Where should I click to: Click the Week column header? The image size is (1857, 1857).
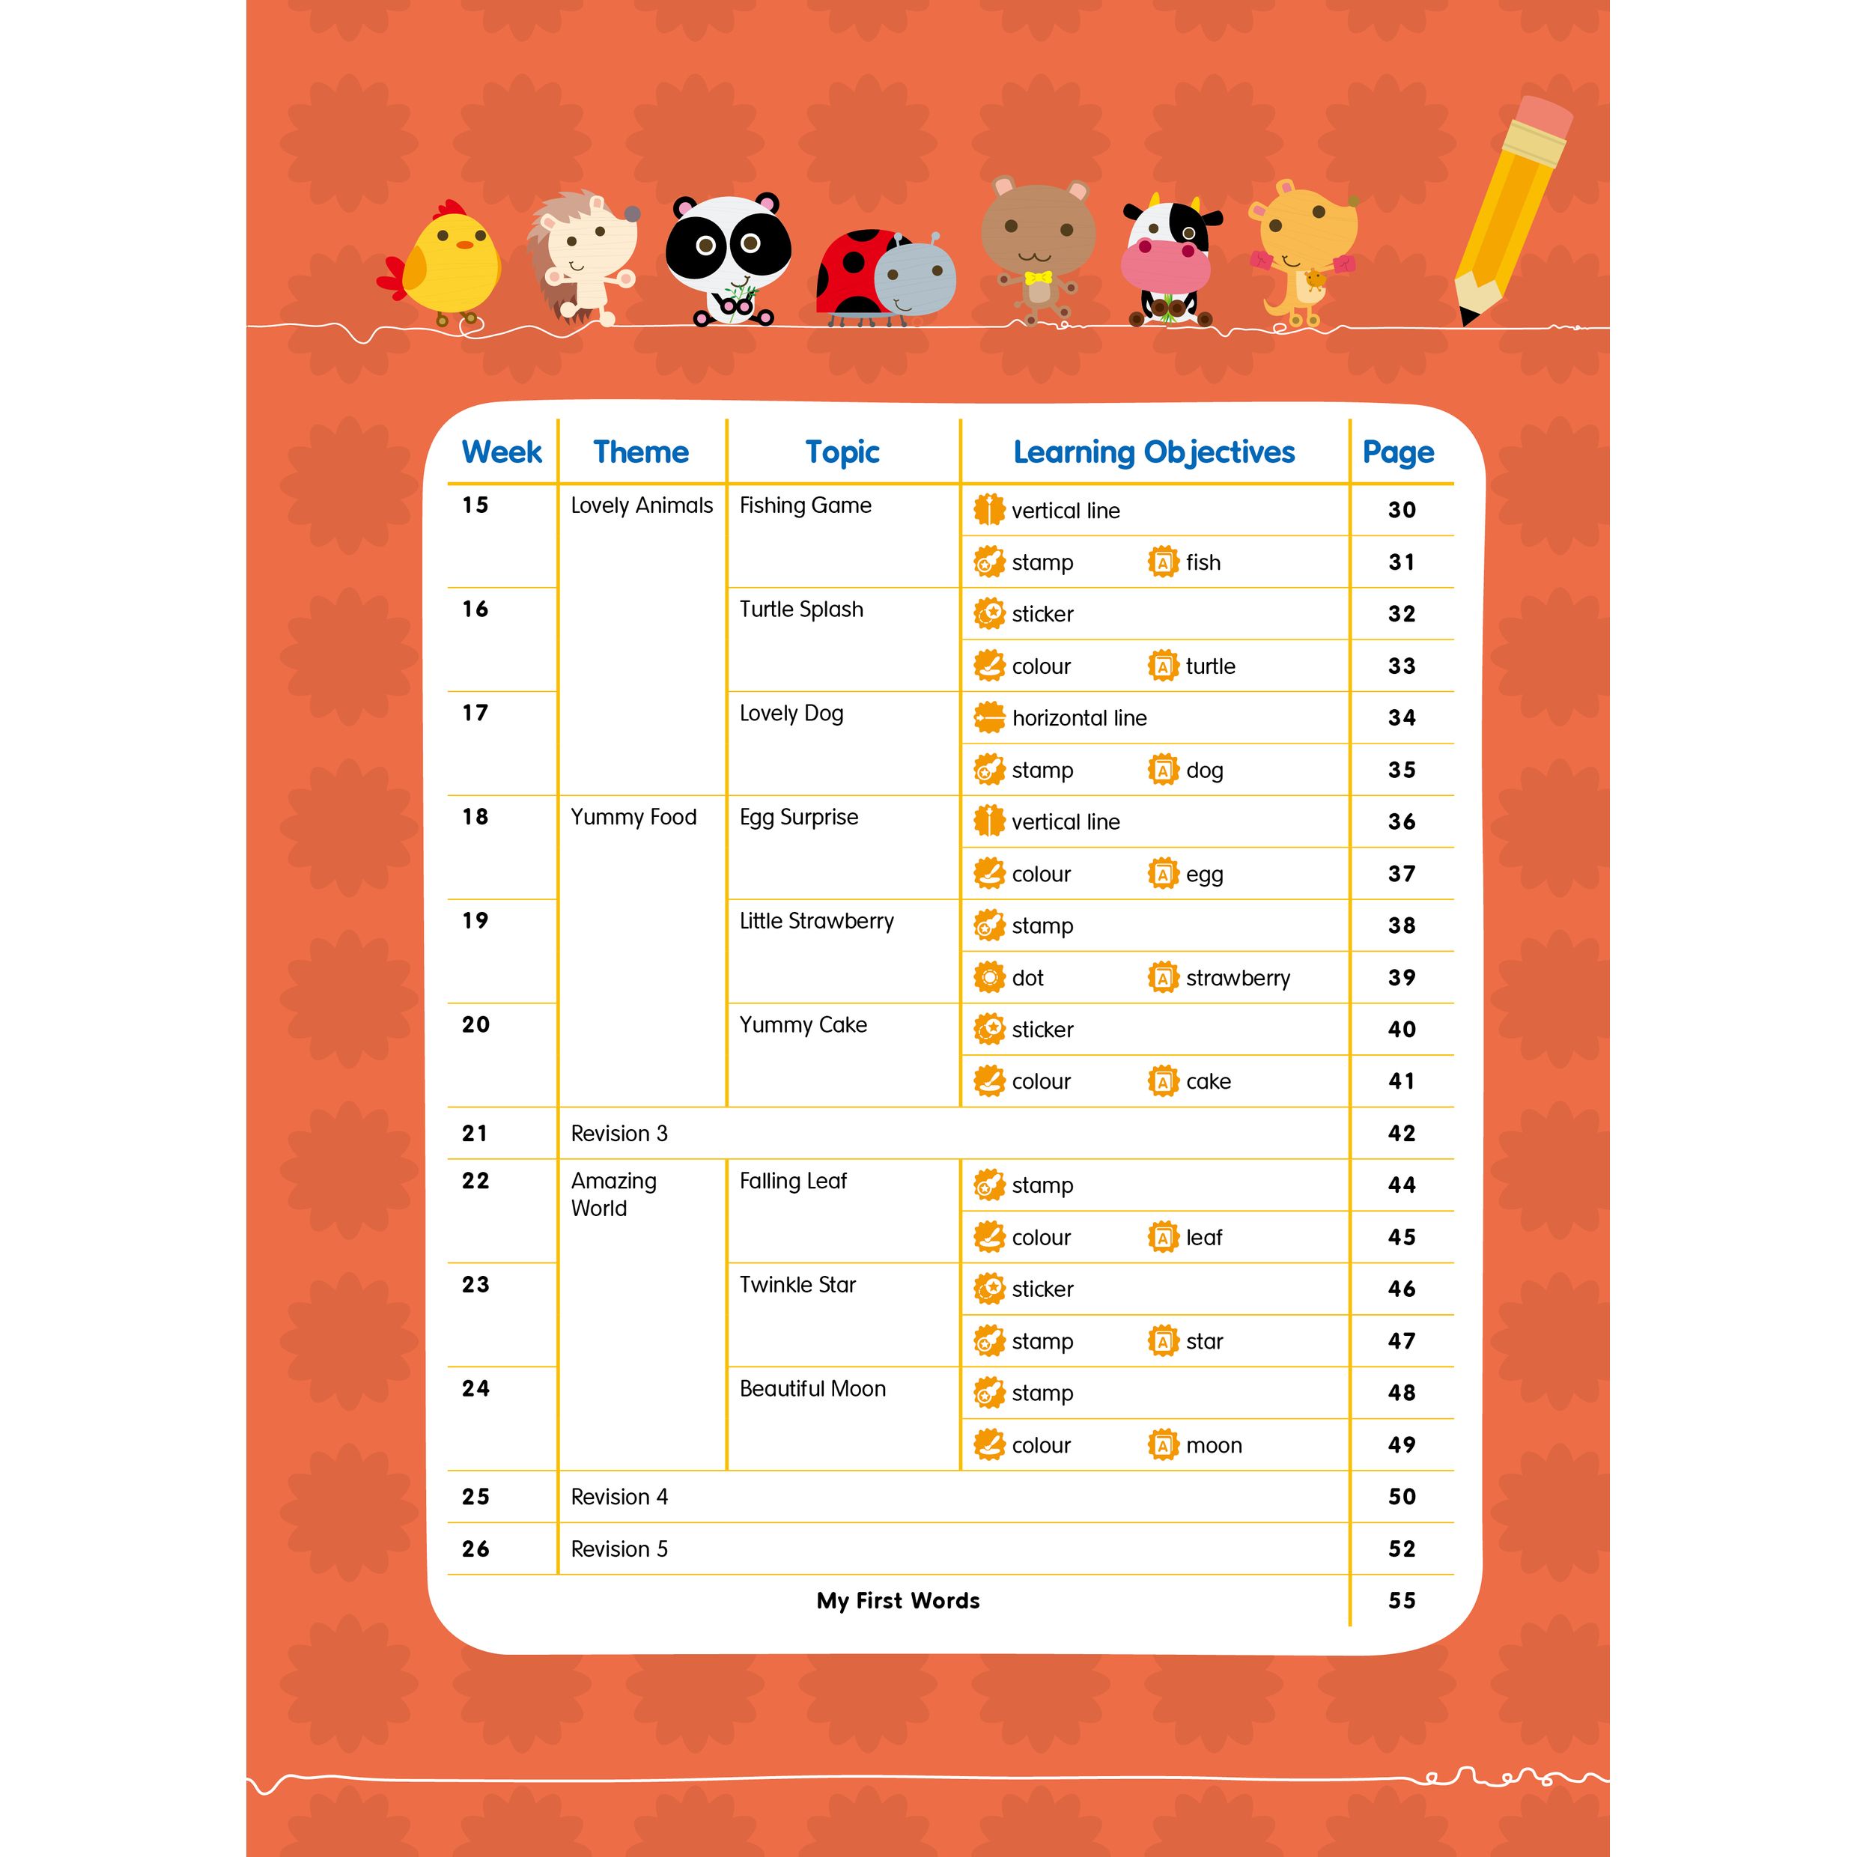click(501, 452)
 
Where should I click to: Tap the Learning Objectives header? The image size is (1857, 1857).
click(1153, 452)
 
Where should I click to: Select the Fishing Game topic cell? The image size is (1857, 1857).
click(804, 505)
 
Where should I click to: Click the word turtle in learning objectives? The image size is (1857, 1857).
click(1210, 666)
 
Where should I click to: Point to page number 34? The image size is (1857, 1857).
click(1402, 718)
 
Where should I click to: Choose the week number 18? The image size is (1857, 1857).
click(475, 817)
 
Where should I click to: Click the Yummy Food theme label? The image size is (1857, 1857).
click(633, 817)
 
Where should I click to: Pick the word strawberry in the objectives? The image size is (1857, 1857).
click(1237, 979)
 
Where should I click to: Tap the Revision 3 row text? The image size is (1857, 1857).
click(619, 1133)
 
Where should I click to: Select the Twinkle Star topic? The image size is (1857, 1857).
click(797, 1285)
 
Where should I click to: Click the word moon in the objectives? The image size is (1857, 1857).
click(1213, 1446)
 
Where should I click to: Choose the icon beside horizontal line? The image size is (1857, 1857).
click(988, 717)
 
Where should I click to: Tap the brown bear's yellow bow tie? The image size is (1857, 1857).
click(1038, 279)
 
